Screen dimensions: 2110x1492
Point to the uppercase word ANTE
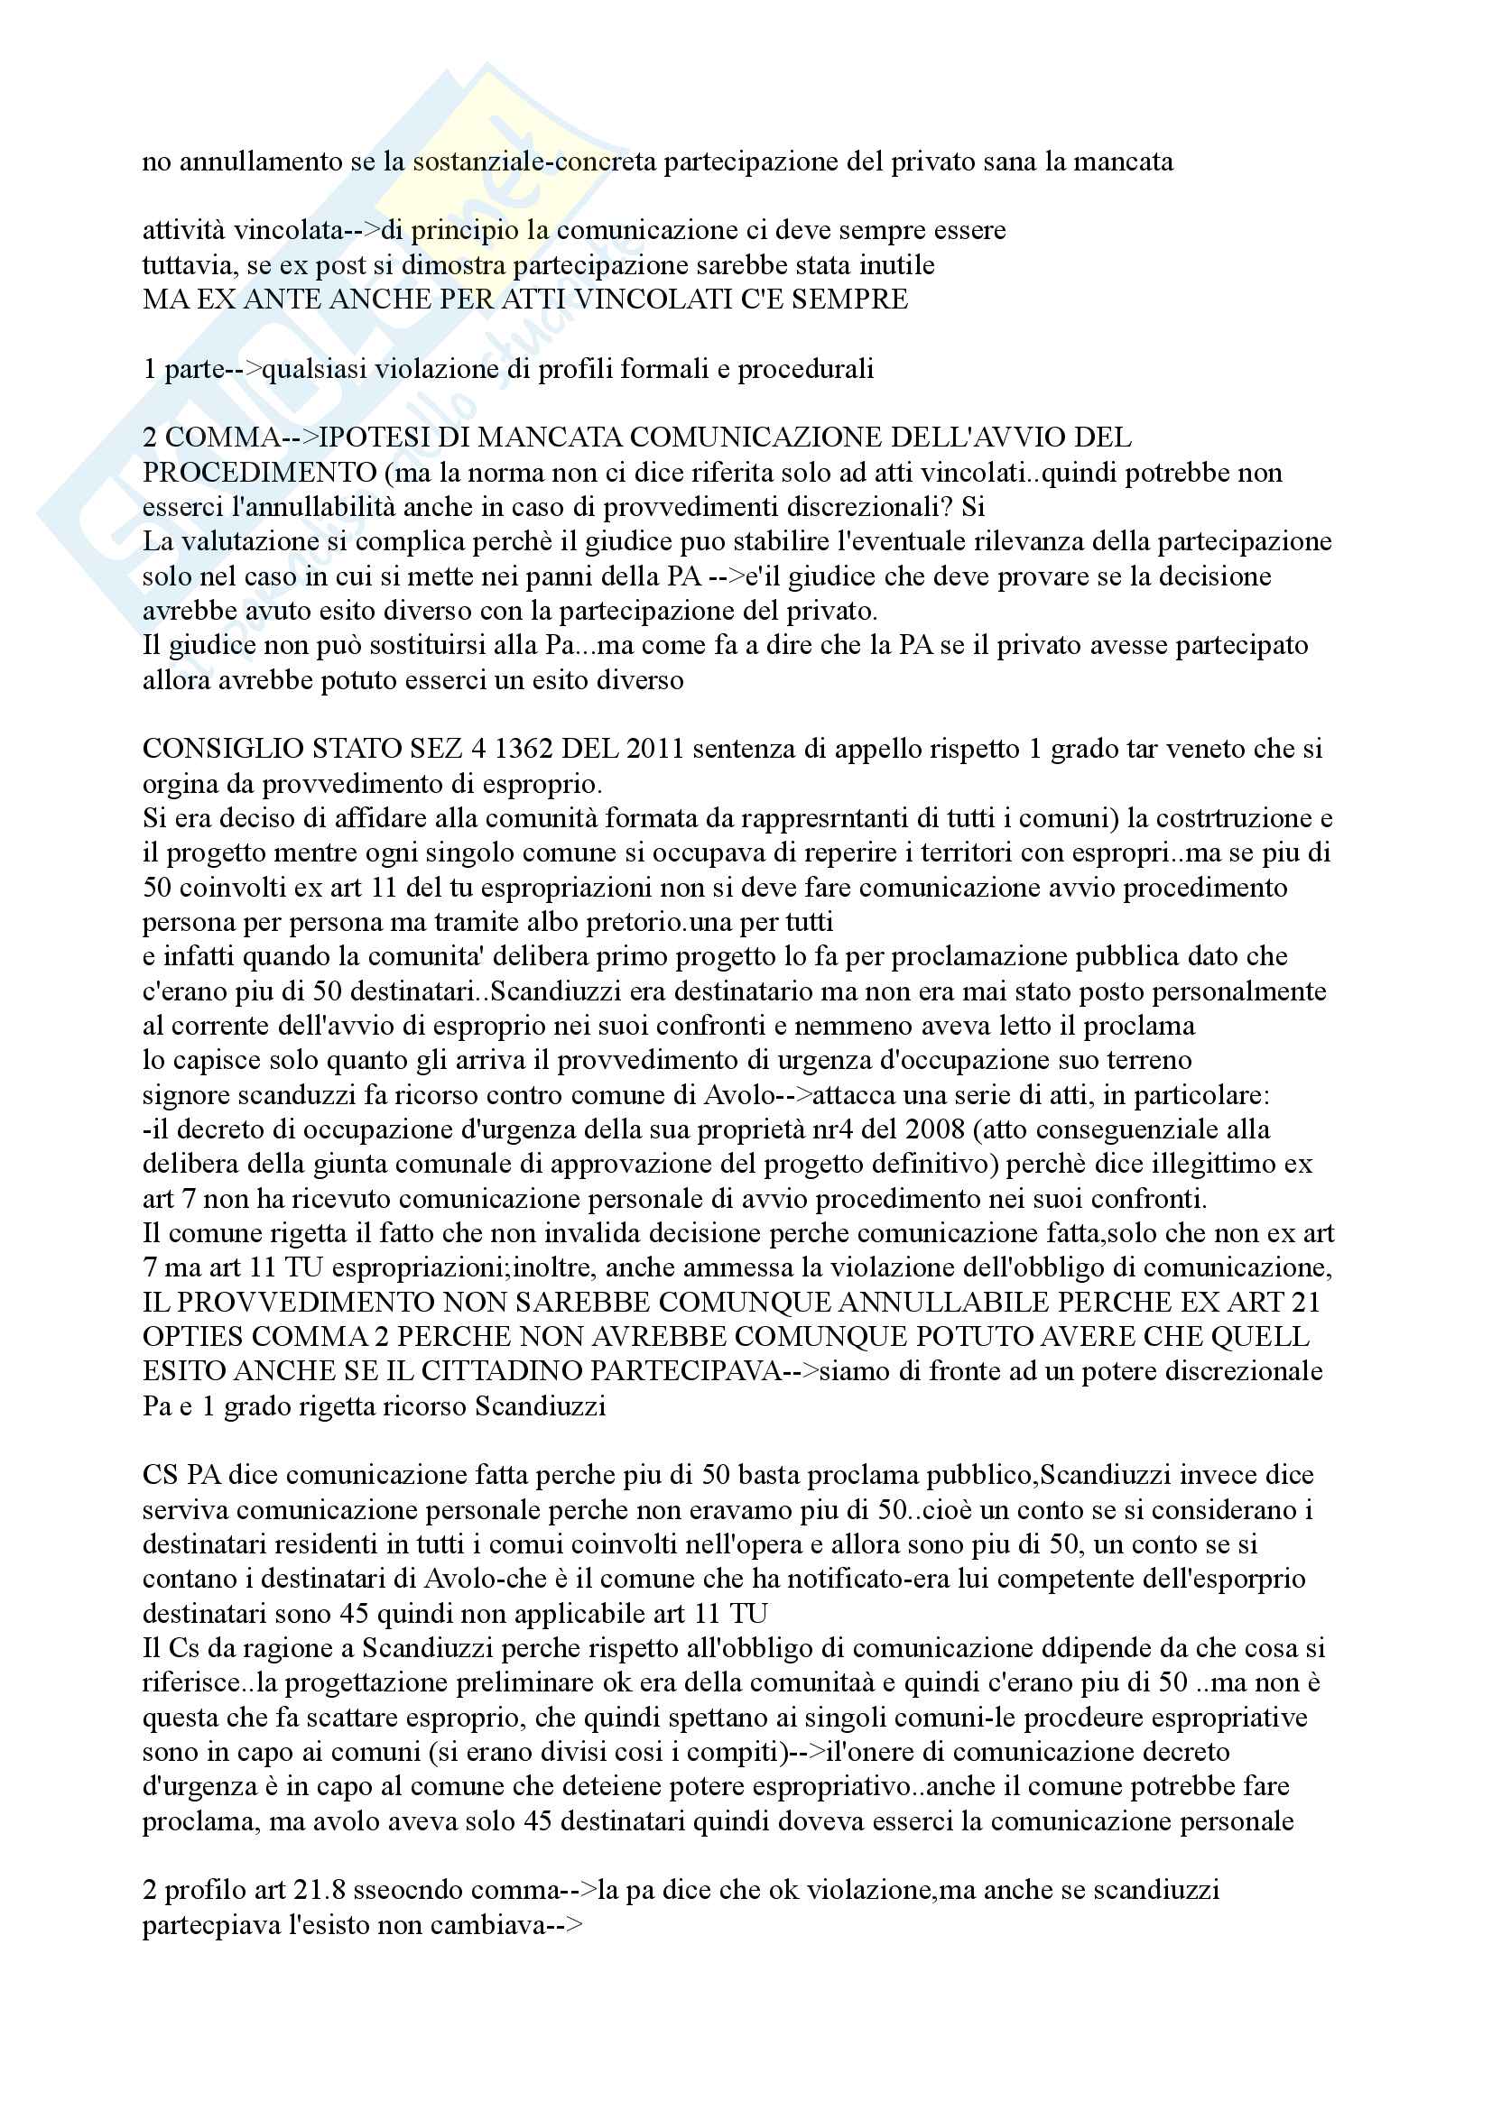pyautogui.click(x=283, y=299)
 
